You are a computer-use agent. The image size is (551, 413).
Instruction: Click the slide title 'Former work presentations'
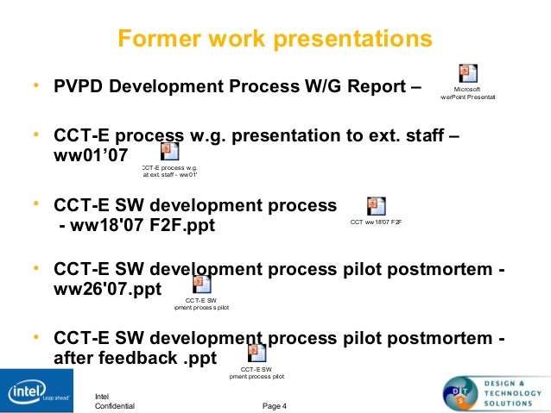pyautogui.click(x=275, y=40)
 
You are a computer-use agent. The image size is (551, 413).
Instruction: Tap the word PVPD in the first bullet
pyautogui.click(x=79, y=87)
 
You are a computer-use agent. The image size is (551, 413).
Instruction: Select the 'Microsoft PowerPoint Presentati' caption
pyautogui.click(x=467, y=93)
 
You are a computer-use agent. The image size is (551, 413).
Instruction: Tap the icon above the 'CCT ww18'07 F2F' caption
pyautogui.click(x=376, y=206)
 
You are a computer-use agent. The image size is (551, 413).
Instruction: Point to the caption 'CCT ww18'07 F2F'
pyautogui.click(x=377, y=222)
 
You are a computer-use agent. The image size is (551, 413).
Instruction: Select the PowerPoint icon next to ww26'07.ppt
pyautogui.click(x=201, y=284)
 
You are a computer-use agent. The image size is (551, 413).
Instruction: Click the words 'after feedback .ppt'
pyautogui.click(x=135, y=356)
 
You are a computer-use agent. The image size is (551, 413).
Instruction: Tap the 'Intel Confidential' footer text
pyautogui.click(x=114, y=400)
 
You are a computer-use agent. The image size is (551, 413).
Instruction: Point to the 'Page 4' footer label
pyautogui.click(x=275, y=405)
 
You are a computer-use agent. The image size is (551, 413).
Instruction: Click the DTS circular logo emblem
pyautogui.click(x=463, y=392)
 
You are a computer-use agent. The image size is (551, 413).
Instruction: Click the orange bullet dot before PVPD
pyautogui.click(x=35, y=86)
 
